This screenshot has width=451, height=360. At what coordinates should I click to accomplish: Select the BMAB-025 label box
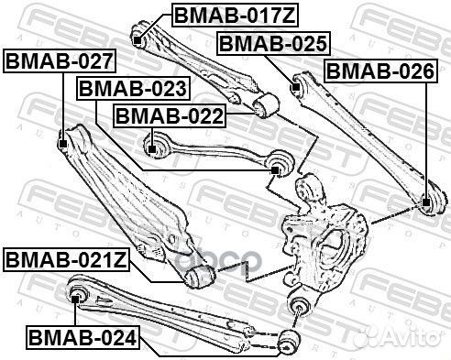[x=271, y=43]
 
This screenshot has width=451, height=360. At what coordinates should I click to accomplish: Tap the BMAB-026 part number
[x=379, y=71]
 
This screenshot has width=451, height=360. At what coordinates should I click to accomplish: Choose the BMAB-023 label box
[x=133, y=89]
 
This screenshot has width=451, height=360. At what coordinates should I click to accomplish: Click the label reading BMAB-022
[x=167, y=116]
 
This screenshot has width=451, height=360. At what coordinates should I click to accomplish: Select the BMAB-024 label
[x=82, y=338]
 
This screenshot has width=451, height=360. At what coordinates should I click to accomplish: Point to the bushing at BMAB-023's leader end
[x=279, y=166]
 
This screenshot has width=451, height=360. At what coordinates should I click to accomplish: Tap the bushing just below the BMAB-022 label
[x=153, y=145]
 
